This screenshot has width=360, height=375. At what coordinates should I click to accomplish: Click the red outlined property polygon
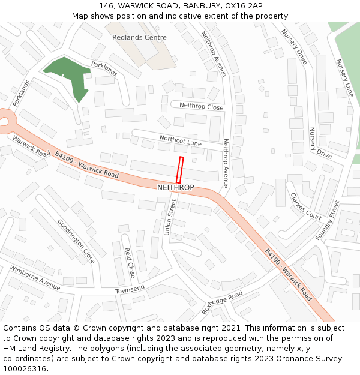179,170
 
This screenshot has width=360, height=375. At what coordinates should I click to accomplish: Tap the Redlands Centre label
139,37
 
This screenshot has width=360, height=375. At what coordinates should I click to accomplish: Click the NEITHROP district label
175,188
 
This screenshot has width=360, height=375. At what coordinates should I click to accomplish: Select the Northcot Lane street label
181,140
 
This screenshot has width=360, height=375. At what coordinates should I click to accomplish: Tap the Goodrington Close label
76,241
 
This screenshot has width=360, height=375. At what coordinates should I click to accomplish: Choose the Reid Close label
129,263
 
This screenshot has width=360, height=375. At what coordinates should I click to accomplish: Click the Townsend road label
130,290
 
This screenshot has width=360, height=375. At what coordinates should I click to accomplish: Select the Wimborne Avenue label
35,278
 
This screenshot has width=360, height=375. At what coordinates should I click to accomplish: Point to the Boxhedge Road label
222,303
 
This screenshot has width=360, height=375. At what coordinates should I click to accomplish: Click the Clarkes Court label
305,206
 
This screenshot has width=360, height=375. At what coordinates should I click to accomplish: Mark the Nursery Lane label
345,78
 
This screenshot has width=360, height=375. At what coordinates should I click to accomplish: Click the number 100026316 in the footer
25,368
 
